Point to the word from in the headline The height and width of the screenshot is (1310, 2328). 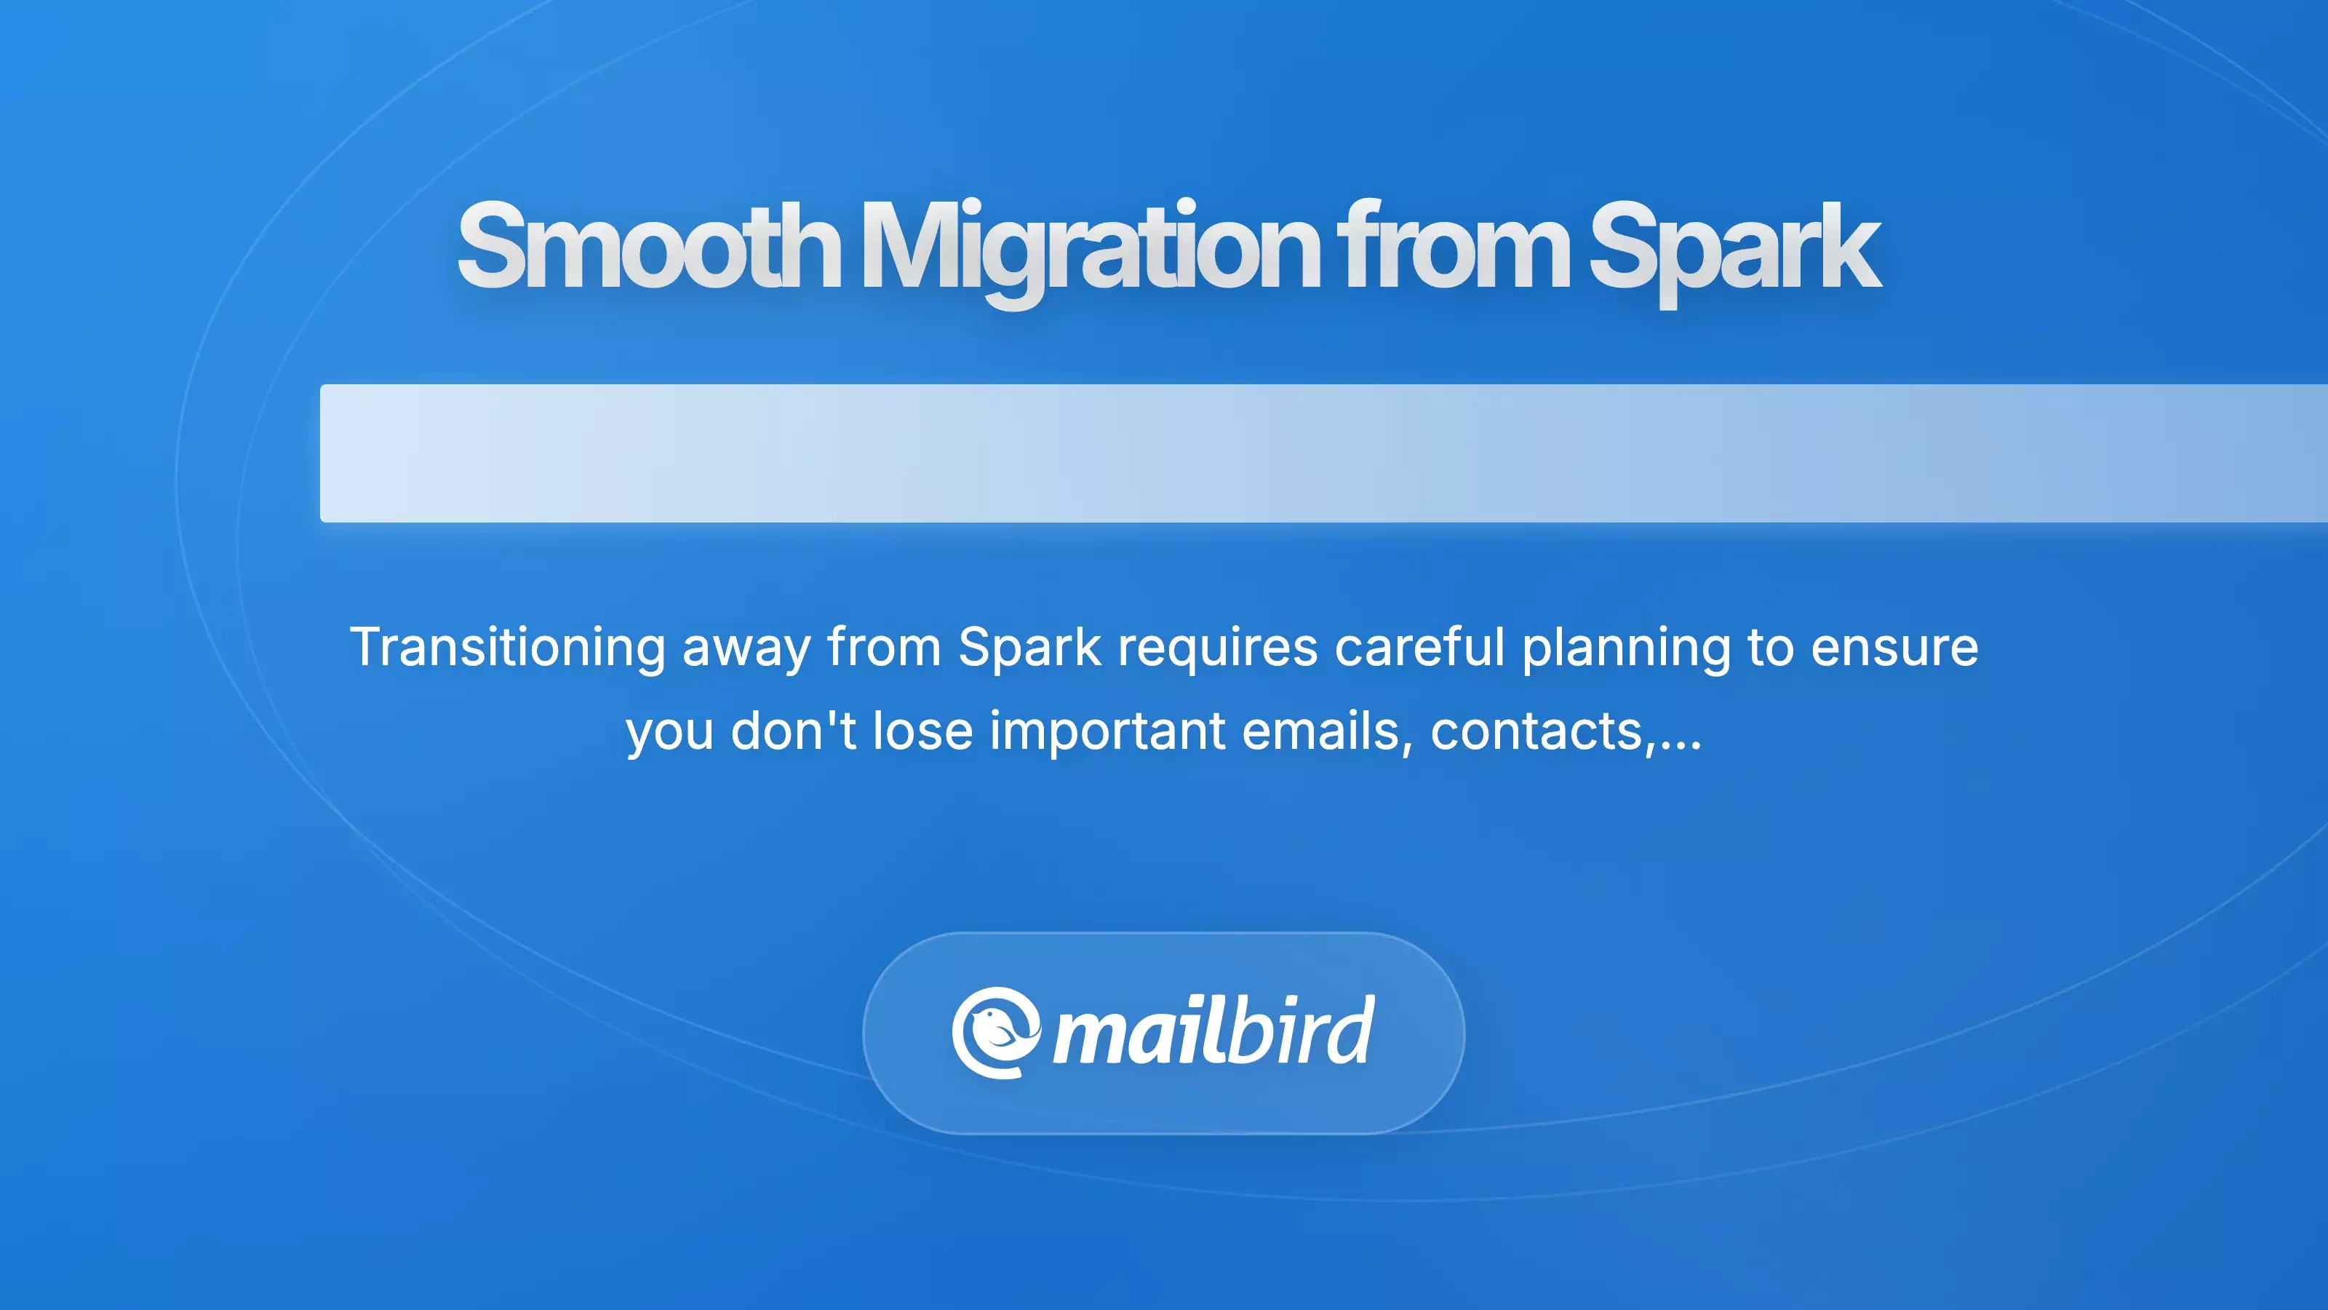point(1454,246)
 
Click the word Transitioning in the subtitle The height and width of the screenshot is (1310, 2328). point(508,647)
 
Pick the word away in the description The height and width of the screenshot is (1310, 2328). point(746,647)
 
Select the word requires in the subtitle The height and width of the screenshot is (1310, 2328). point(1217,647)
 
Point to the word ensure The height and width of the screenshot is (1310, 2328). point(1894,647)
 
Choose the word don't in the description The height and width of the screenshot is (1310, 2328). point(792,731)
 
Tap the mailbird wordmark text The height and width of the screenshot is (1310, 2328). point(1213,1033)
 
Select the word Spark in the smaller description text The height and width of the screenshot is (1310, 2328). point(1029,647)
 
